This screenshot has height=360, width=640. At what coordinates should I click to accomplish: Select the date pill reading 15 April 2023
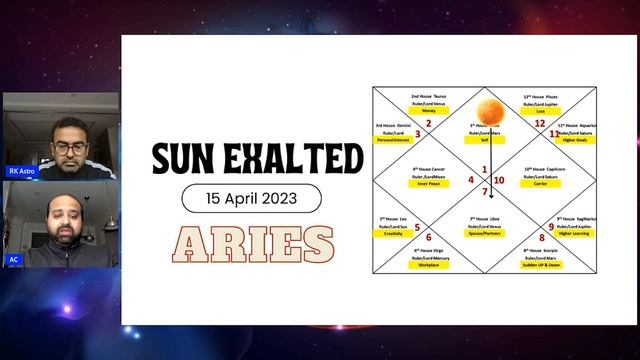pos(251,198)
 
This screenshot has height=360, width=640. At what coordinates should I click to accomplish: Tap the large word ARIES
pos(252,244)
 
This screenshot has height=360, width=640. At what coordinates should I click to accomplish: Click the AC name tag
pos(14,259)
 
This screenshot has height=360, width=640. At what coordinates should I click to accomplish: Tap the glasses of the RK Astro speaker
pos(68,148)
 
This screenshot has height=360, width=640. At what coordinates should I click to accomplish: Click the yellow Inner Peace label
pos(429,184)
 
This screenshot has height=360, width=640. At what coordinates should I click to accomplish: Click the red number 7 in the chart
pos(485,191)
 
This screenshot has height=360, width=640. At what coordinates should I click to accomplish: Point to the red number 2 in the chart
pos(428,124)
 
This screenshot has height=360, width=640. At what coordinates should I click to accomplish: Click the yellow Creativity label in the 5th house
pos(393,233)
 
